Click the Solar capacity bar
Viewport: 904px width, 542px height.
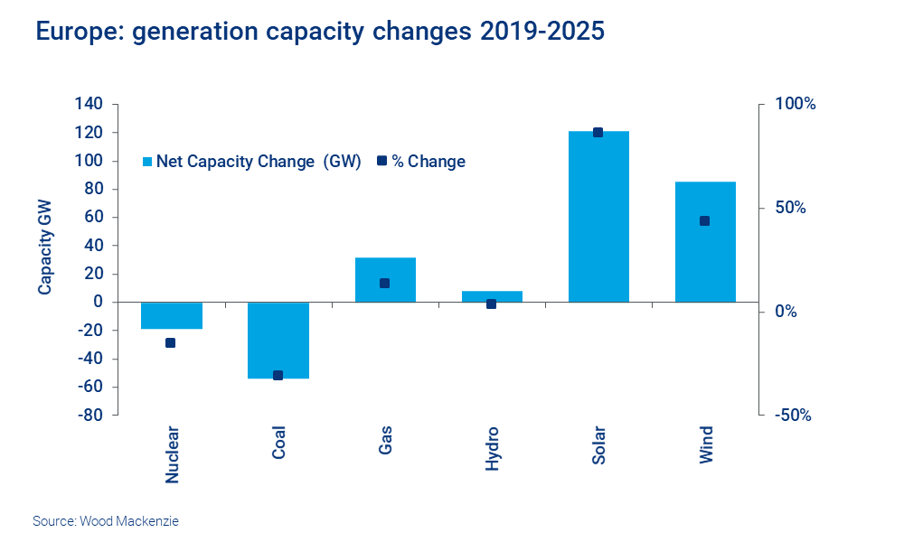[598, 217]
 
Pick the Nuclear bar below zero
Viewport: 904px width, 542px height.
[172, 316]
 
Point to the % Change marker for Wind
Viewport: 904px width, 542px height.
[704, 220]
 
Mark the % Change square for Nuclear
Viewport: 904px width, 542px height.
[171, 342]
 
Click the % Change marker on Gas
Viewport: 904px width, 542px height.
[384, 283]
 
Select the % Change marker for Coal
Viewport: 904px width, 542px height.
[278, 375]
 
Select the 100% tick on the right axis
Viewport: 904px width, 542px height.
[795, 104]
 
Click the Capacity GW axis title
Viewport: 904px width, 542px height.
[44, 247]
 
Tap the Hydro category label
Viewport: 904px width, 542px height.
[492, 448]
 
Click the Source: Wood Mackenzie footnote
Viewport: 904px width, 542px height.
[99, 521]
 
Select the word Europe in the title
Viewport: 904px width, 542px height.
[73, 32]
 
